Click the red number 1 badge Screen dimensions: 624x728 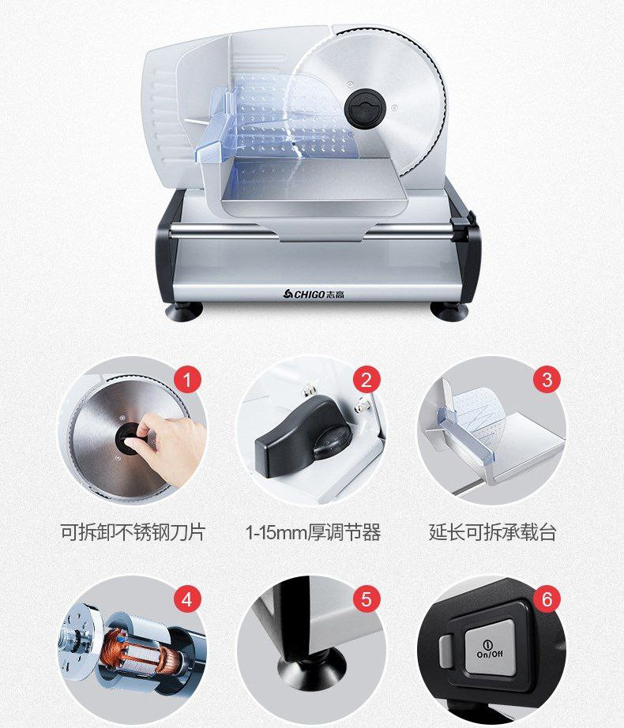tap(187, 380)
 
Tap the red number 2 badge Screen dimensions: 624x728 tap(367, 380)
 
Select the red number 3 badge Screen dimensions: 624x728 tap(547, 379)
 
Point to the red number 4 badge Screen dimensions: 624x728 tap(186, 599)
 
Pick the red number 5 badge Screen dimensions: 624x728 tap(367, 599)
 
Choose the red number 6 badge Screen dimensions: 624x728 tap(547, 599)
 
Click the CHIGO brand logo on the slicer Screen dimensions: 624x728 tap(314, 294)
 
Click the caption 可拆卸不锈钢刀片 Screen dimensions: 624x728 tap(133, 532)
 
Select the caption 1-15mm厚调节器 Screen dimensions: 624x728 tap(313, 532)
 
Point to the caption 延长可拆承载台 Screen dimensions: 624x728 tap(493, 532)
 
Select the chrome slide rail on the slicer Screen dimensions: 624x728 tap(312, 231)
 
